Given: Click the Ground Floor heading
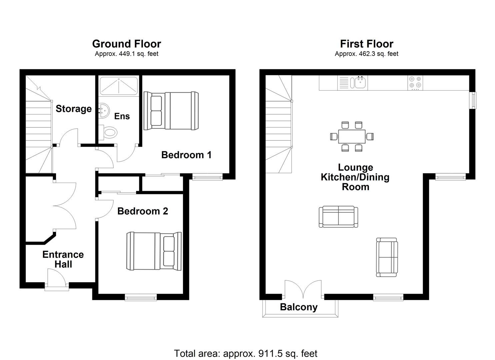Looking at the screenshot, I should [x=126, y=44].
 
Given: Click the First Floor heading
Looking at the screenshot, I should [x=366, y=44].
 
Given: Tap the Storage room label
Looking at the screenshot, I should [x=73, y=109].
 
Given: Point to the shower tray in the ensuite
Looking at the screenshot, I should [x=119, y=86].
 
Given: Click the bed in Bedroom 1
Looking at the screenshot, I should [x=171, y=111].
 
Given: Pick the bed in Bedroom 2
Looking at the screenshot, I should [x=154, y=251].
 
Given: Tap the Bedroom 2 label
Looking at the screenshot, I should [x=143, y=211].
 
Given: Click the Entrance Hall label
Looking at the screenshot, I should [x=63, y=259].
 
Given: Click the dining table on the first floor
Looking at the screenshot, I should [x=352, y=136].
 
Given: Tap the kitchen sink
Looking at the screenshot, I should [x=360, y=82].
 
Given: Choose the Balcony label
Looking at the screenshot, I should [x=299, y=307].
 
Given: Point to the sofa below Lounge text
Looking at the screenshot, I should [x=338, y=217].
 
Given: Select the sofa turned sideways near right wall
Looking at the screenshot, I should [x=387, y=257].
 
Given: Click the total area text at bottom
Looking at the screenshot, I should [x=246, y=353].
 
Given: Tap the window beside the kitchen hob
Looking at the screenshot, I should [x=473, y=100].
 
